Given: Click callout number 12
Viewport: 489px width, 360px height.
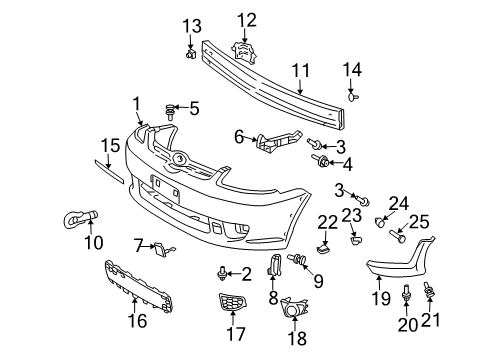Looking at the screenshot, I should click(246, 18).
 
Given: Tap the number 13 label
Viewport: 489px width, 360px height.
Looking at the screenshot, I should click(190, 25).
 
